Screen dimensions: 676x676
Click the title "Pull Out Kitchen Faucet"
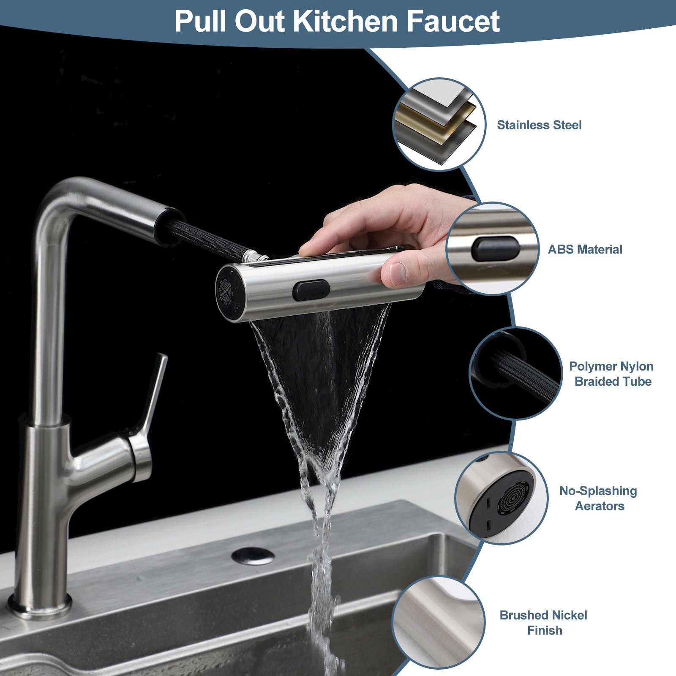coord(337,21)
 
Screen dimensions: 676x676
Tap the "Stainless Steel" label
coord(539,125)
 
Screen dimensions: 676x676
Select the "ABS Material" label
coord(585,249)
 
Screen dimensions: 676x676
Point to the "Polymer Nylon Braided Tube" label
coord(612,374)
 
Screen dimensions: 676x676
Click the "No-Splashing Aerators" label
coord(598,499)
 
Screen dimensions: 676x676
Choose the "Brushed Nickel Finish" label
coord(544,623)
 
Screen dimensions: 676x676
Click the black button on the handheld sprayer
coord(311,290)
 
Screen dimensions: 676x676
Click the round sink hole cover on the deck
coord(253,556)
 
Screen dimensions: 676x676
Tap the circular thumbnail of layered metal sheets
coord(439,124)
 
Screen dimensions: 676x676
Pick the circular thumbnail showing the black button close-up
coord(492,248)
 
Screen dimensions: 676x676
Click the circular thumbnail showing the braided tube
coord(515,373)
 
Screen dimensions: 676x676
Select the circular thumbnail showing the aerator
coord(502,498)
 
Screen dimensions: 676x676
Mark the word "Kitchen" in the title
coord(345,21)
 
